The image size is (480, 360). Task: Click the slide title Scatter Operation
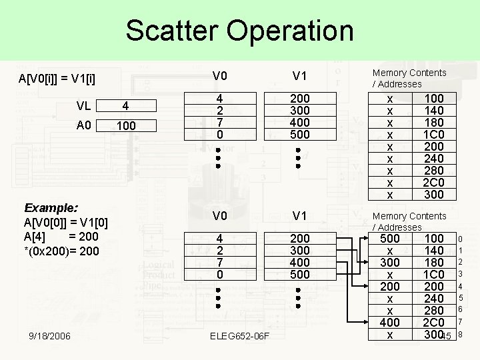click(x=239, y=31)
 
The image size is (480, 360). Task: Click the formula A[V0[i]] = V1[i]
click(x=57, y=81)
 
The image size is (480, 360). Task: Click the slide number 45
click(x=446, y=336)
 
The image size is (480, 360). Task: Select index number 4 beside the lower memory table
click(x=460, y=286)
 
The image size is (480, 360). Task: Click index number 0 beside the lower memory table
click(x=460, y=239)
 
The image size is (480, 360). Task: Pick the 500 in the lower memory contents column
click(x=390, y=238)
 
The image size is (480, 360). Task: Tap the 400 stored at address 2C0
click(x=390, y=322)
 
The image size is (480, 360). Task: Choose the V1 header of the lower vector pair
click(x=299, y=215)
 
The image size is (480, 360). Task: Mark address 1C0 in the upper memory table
click(x=434, y=135)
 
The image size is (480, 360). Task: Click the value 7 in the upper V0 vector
click(x=219, y=123)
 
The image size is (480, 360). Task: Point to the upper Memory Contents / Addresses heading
click(x=409, y=78)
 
